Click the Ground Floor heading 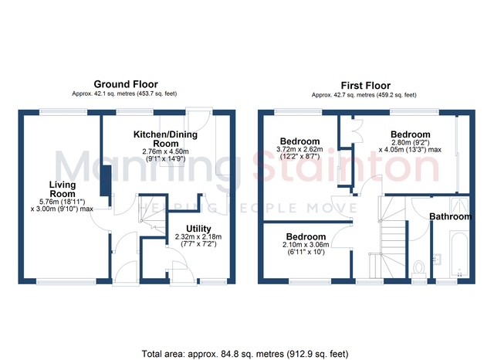point(126,84)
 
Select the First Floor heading point(365,86)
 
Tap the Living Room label point(63,189)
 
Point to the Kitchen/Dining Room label point(165,139)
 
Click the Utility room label point(198,229)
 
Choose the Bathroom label point(451,216)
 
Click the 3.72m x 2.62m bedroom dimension point(299,149)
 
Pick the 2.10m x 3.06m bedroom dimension point(306,245)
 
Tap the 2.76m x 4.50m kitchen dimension point(165,151)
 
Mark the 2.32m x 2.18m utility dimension point(198,236)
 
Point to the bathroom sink point(437,259)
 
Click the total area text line point(245,354)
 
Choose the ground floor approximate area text point(124,93)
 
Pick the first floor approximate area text point(364,95)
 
